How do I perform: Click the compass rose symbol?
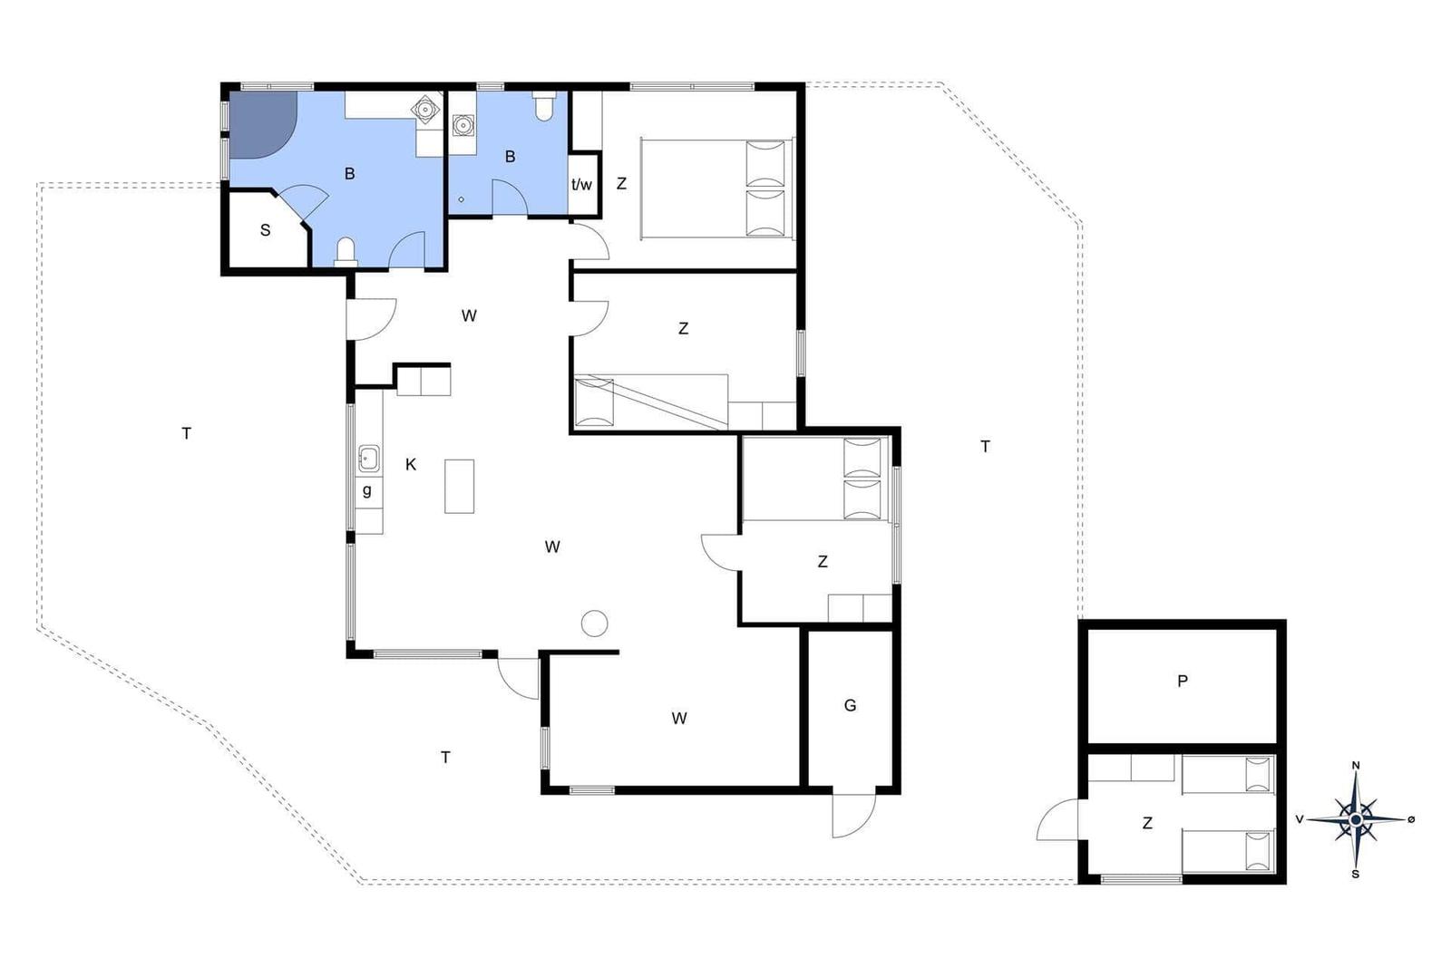[1356, 819]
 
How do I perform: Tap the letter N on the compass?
[1356, 766]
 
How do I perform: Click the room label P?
[1183, 681]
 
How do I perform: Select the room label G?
[850, 705]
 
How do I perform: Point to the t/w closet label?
[581, 185]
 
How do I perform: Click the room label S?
[265, 230]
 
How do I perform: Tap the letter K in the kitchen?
[411, 464]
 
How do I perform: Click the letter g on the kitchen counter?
[366, 490]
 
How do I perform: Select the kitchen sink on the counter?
[368, 459]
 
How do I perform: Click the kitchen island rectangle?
[459, 486]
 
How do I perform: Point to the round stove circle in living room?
[594, 624]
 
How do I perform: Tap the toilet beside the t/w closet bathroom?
[543, 107]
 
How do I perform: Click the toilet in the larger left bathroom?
[346, 252]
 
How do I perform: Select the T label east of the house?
[985, 447]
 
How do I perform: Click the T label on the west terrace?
[187, 434]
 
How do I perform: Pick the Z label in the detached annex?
[1147, 823]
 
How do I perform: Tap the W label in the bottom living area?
[679, 718]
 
